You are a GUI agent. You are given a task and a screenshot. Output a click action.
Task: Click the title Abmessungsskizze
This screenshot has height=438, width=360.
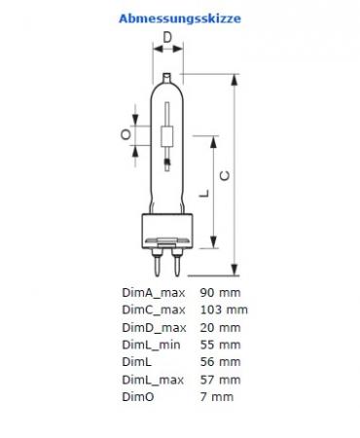(x=180, y=18)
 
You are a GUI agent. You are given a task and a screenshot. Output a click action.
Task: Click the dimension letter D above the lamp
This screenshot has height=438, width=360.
(x=167, y=38)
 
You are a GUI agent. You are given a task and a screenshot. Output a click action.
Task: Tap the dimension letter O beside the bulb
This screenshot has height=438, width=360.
(x=126, y=134)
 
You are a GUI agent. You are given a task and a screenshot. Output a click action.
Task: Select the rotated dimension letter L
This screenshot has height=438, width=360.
(x=204, y=194)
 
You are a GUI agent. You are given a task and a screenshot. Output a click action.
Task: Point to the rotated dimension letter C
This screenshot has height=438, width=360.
(x=225, y=176)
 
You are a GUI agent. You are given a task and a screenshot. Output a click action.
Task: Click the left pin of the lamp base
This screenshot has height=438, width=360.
(x=158, y=262)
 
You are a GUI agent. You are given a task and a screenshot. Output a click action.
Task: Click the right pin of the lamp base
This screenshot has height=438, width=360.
(x=177, y=262)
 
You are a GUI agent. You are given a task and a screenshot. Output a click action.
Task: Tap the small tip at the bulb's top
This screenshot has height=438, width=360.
(x=166, y=78)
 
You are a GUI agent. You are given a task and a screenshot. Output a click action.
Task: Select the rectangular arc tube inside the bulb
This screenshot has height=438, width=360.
(x=167, y=137)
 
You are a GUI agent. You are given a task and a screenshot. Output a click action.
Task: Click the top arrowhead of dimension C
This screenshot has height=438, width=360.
(x=234, y=80)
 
